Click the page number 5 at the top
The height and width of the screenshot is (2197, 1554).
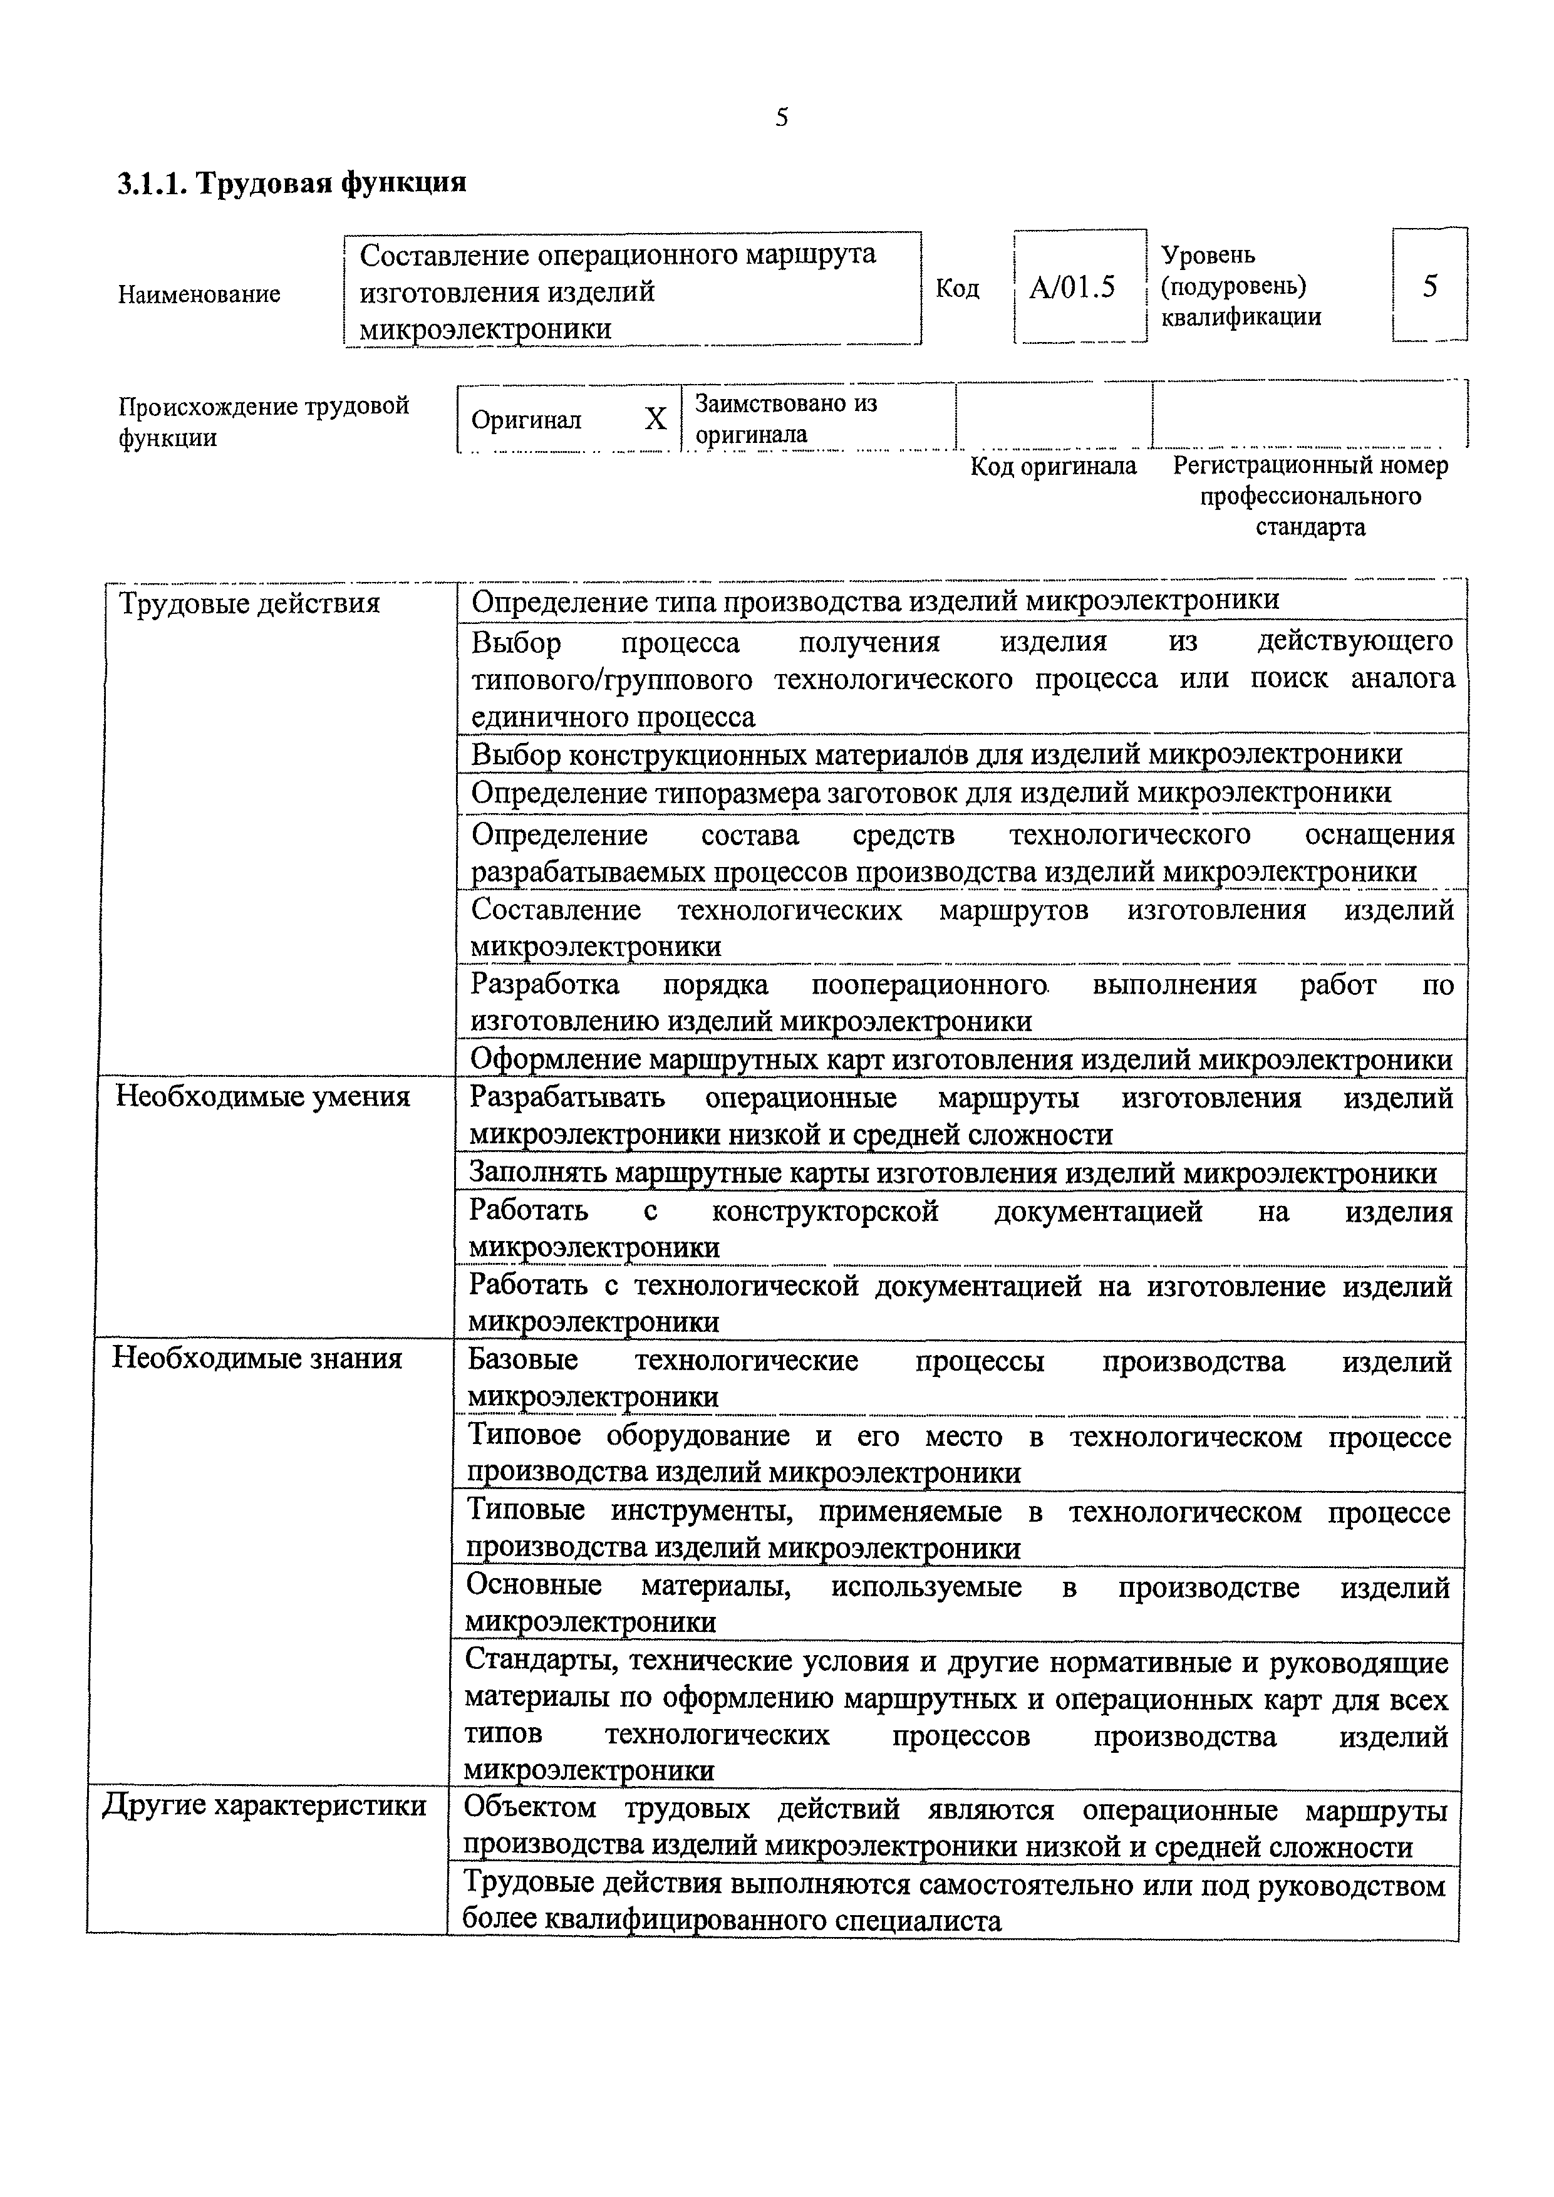[782, 118]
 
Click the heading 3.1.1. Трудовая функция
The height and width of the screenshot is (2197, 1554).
[292, 183]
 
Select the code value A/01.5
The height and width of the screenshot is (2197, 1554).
[1072, 287]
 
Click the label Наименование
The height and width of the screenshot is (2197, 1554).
[199, 294]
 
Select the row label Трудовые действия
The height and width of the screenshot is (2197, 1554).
[249, 604]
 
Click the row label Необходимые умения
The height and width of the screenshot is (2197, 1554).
[262, 1096]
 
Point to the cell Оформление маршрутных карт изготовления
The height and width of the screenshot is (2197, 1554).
[961, 1060]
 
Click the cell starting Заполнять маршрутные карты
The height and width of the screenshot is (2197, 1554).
[952, 1173]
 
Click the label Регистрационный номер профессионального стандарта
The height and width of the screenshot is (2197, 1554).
[1309, 496]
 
